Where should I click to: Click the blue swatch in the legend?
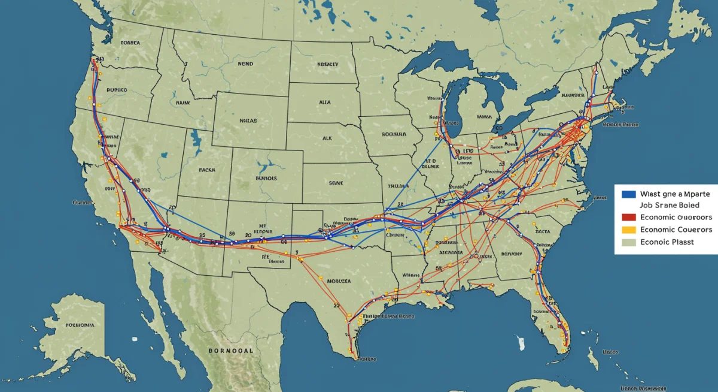(x=628, y=194)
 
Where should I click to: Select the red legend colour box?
(x=628, y=217)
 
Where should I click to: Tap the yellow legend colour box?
(x=628, y=230)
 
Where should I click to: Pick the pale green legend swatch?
(x=628, y=242)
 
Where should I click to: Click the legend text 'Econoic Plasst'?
(x=667, y=242)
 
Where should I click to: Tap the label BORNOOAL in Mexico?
(x=230, y=350)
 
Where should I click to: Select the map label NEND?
(x=245, y=63)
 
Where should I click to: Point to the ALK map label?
(x=327, y=138)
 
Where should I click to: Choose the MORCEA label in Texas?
(x=338, y=280)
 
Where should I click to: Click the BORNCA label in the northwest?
(x=130, y=43)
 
